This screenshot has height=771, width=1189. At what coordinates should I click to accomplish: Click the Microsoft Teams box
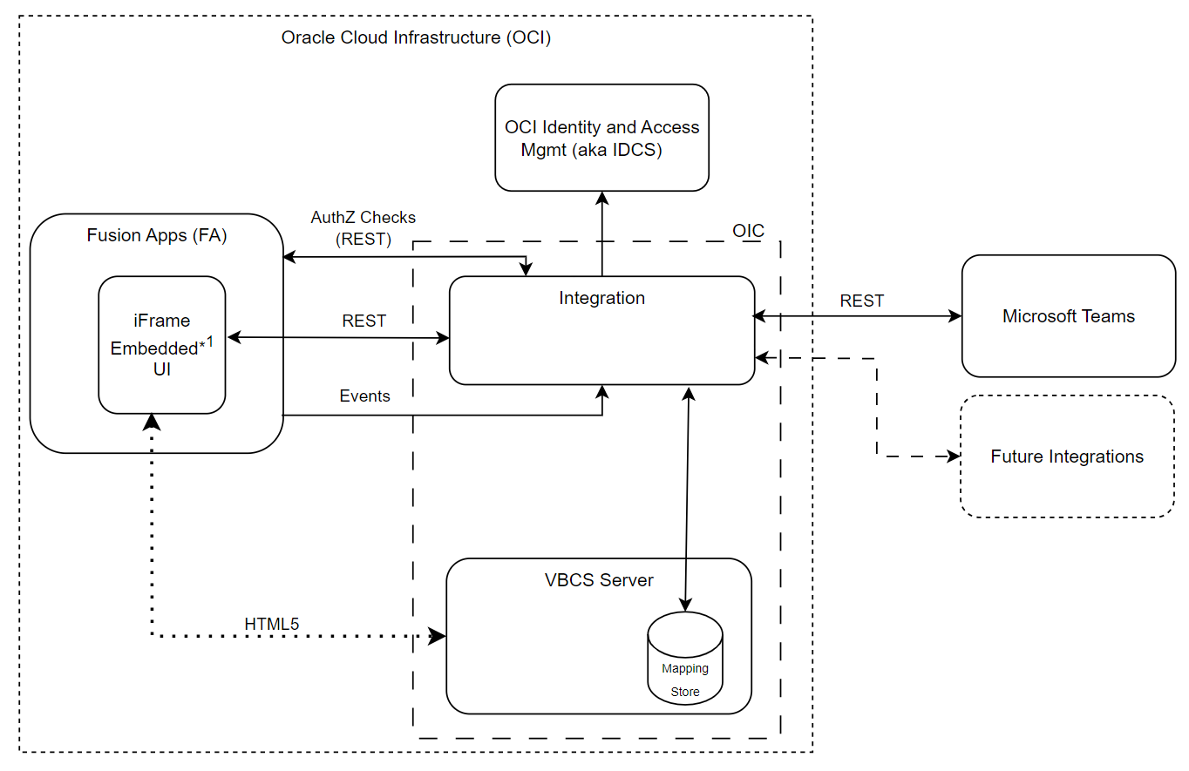coord(1068,316)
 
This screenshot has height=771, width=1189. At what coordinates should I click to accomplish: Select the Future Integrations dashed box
coord(1067,457)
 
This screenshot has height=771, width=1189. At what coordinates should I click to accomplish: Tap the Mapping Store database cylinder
coord(684,659)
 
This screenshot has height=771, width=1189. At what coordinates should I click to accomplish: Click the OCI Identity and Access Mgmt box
coord(601,138)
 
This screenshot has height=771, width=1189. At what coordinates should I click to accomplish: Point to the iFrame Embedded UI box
coord(162,345)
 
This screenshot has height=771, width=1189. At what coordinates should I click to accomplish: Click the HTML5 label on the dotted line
coord(273,624)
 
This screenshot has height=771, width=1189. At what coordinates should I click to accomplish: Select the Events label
coord(364,396)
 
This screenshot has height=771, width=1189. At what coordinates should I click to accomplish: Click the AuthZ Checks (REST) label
coord(363,227)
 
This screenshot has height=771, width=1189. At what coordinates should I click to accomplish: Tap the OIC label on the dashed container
coord(748,231)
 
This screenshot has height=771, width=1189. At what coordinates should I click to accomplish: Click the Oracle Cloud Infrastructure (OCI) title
coord(416,38)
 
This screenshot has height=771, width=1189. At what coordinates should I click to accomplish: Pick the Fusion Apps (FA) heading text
coord(157,235)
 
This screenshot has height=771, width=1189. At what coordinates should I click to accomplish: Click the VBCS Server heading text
coord(599,580)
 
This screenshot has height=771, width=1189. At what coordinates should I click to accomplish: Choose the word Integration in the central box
coord(601,298)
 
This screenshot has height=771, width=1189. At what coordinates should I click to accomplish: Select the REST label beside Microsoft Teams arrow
coord(861,301)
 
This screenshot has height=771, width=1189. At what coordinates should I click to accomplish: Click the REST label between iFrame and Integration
coord(363,321)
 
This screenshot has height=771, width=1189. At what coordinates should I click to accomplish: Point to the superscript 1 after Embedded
coord(209,341)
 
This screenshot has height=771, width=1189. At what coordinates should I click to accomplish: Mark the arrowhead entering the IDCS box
coord(601,198)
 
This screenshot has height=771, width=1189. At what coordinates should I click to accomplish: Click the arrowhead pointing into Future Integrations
coord(954,456)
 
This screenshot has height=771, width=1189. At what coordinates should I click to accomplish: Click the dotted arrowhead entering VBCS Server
coord(438,636)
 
